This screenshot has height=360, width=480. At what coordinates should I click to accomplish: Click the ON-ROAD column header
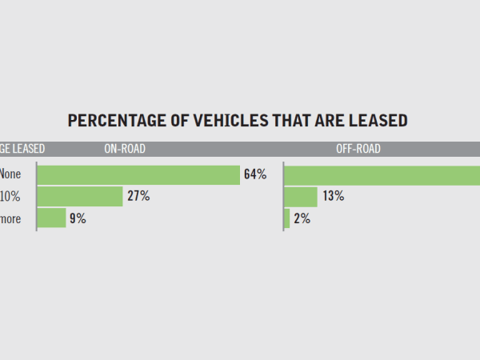click(124, 149)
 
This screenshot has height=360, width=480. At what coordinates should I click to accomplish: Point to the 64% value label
click(255, 174)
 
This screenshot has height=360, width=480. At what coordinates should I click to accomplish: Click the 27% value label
click(138, 197)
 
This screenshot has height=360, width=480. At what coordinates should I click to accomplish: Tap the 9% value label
click(78, 218)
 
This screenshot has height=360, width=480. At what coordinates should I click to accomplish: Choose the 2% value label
click(302, 218)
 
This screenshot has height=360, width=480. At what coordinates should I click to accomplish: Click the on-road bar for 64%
click(138, 174)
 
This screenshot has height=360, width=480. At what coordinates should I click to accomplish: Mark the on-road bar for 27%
click(80, 197)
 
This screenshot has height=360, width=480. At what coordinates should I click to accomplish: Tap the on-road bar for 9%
click(52, 218)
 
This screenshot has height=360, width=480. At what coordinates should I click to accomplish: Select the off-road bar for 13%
click(302, 197)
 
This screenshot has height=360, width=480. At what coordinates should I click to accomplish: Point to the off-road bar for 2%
click(287, 218)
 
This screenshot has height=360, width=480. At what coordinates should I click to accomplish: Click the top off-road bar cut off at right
click(382, 174)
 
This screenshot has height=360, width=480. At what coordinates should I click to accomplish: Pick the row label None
click(10, 174)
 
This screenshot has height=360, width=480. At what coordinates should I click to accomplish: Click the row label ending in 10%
click(10, 197)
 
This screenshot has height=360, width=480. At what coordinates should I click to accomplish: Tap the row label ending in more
click(10, 218)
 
